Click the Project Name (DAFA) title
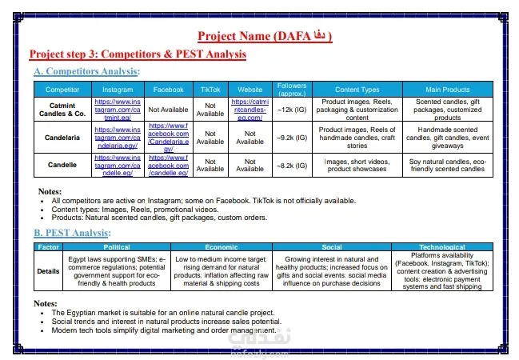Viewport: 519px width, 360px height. point(264,36)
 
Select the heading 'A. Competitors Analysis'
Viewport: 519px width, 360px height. point(86,72)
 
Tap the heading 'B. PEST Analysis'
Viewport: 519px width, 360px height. point(71,233)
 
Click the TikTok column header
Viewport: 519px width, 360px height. point(210,90)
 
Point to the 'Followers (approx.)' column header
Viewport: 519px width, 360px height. point(291,89)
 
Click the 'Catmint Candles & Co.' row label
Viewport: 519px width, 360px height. point(62,109)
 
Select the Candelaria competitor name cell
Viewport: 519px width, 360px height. point(62,138)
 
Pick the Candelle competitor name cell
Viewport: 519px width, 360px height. point(62,165)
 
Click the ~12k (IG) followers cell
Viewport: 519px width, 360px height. point(291,109)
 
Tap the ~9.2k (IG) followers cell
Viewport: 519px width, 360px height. point(291,138)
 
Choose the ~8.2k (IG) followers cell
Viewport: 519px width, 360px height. point(291,165)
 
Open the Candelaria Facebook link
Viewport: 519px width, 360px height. point(168,138)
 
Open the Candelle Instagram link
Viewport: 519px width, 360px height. point(118,165)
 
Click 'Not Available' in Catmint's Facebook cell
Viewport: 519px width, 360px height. point(168,109)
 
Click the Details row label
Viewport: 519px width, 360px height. point(48,271)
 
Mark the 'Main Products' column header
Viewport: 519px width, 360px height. point(448,90)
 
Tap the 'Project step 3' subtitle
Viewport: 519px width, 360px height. point(137,54)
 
